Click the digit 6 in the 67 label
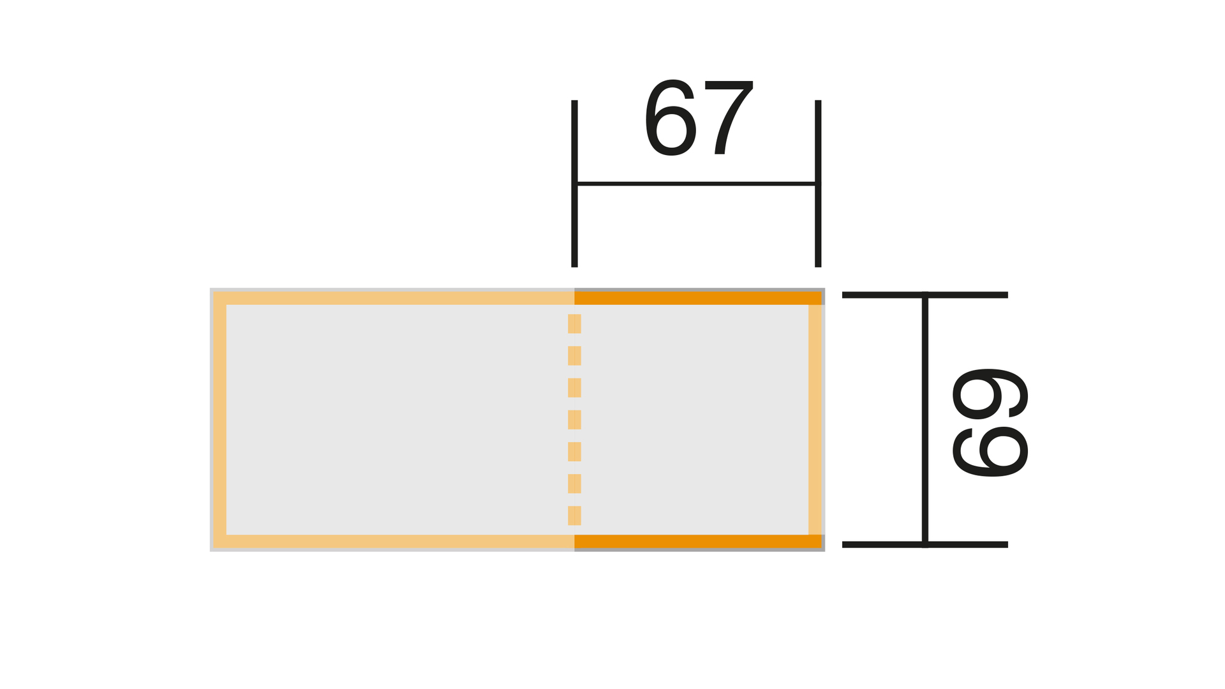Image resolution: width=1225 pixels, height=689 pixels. [671, 117]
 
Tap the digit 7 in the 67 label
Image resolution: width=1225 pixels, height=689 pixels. [729, 117]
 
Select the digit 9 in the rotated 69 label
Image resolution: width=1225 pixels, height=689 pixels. [990, 394]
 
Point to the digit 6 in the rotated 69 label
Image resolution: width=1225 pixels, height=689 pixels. [990, 451]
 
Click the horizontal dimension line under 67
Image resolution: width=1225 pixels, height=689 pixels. [696, 184]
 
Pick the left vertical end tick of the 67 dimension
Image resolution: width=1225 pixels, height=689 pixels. [574, 183]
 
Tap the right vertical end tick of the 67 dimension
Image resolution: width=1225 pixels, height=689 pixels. [818, 183]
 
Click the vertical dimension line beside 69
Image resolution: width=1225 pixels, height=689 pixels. [925, 420]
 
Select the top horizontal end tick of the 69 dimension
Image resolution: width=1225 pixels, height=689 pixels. [925, 295]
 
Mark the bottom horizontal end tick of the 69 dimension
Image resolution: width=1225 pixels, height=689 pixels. [925, 544]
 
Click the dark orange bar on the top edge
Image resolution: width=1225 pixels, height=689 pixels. [698, 298]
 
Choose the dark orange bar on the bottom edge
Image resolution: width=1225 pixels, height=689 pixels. [698, 542]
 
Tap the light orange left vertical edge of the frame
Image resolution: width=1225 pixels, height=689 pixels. [219, 420]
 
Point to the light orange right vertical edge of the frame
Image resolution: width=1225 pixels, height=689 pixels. [815, 420]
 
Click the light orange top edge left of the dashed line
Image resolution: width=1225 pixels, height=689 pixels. [394, 298]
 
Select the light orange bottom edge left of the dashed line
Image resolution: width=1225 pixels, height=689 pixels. [394, 542]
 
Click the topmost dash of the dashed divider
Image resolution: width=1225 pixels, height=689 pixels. [574, 323]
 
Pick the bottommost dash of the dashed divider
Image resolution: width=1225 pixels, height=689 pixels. [574, 515]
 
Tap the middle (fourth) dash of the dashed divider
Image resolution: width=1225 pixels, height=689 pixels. [574, 420]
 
